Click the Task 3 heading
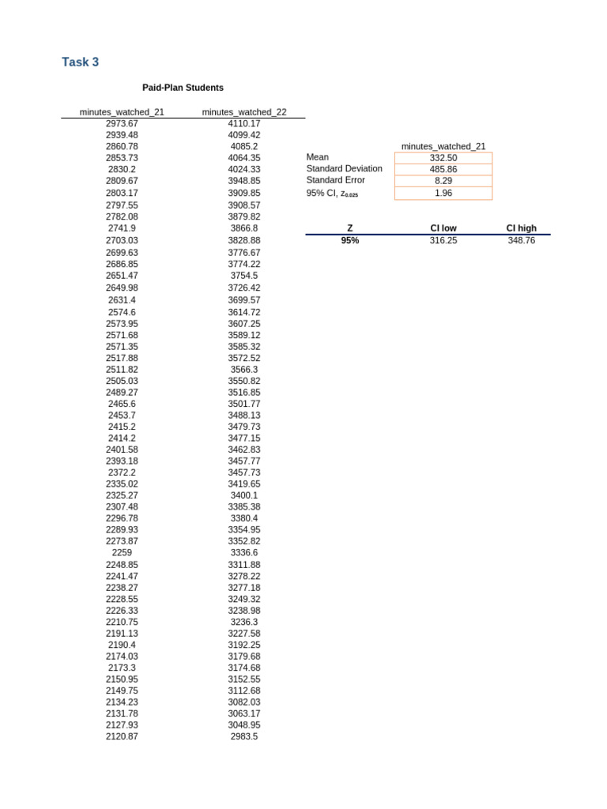coord(81,62)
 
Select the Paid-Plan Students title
coord(183,88)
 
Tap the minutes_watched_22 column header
coord(244,112)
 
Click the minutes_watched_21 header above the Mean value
coord(443,146)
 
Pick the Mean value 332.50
coord(443,158)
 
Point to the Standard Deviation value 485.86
coord(443,169)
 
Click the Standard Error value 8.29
coord(443,181)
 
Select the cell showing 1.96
coord(443,193)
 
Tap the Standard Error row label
coord(336,180)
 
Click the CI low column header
coord(443,228)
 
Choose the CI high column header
coord(521,228)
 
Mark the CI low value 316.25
coord(443,240)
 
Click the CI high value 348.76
coord(521,240)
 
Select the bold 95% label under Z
coord(350,240)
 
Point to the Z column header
coord(350,228)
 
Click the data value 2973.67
coord(122,123)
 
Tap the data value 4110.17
coord(244,123)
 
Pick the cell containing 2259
coord(122,553)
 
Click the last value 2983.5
coord(244,736)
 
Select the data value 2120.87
coord(122,736)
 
